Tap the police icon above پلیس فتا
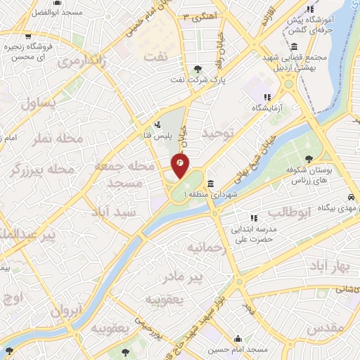pyautogui.click(x=165, y=125)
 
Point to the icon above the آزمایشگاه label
pyautogui.click(x=267, y=97)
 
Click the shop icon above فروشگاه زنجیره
pyautogui.click(x=27, y=36)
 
